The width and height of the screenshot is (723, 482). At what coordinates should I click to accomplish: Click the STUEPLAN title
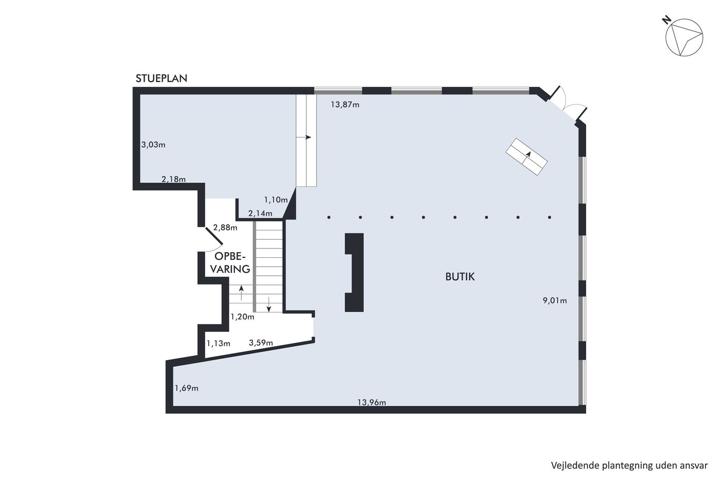tap(161, 79)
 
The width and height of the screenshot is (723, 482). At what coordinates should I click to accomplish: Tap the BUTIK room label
tap(460, 277)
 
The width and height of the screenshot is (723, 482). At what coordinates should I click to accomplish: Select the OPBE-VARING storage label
tap(230, 262)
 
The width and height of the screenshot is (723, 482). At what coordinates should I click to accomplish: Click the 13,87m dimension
tap(345, 104)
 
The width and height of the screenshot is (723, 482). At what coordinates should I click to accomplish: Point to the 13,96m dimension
tap(371, 402)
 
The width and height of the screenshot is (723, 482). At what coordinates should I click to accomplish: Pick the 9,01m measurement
tap(555, 301)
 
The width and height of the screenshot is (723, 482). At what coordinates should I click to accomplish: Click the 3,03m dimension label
tap(153, 145)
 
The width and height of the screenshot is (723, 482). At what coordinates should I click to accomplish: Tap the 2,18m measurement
tap(174, 179)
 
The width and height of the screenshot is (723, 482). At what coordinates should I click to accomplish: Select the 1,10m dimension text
tap(276, 200)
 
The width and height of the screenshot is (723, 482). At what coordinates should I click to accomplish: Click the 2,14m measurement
tap(260, 213)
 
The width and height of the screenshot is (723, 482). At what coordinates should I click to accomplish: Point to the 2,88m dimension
tap(225, 228)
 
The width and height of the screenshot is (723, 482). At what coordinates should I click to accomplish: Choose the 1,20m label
tap(242, 317)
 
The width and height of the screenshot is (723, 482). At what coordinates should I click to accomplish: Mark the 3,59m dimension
tap(261, 343)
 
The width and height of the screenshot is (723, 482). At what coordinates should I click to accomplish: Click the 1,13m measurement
tap(218, 344)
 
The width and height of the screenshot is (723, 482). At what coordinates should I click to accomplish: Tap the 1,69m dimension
tap(186, 388)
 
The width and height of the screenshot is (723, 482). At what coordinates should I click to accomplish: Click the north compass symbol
tap(684, 37)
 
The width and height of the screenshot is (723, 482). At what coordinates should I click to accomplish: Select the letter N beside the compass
tap(666, 20)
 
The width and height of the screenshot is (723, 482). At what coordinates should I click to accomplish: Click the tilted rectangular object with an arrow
tap(526, 157)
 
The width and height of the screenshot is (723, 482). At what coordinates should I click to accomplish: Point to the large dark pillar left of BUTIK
tap(354, 272)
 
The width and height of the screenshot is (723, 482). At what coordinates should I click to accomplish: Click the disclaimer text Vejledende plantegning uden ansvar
tap(630, 465)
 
